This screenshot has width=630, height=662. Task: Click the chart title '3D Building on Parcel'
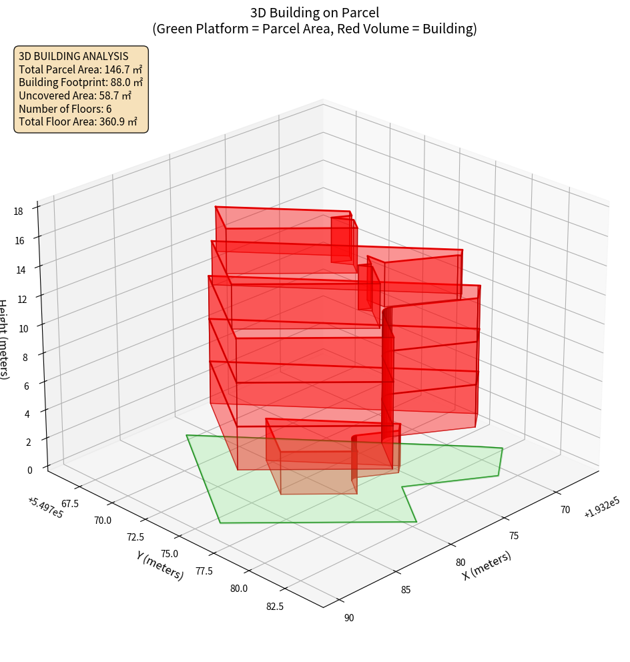point(314,12)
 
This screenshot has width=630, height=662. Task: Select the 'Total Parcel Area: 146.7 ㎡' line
point(80,69)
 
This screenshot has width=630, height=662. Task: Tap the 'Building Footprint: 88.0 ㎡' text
point(81,82)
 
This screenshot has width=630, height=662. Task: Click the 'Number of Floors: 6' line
point(65,108)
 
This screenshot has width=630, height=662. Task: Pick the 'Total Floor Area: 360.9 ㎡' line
point(78,121)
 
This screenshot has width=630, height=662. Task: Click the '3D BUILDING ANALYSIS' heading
point(73,56)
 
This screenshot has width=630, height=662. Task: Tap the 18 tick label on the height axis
point(18,212)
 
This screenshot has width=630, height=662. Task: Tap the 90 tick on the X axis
point(349,617)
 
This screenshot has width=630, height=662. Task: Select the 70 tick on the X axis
point(565,510)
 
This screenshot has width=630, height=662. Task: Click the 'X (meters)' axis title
point(487,565)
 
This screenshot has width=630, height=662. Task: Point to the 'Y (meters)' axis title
point(160,565)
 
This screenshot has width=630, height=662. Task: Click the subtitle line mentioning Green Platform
point(314,29)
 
